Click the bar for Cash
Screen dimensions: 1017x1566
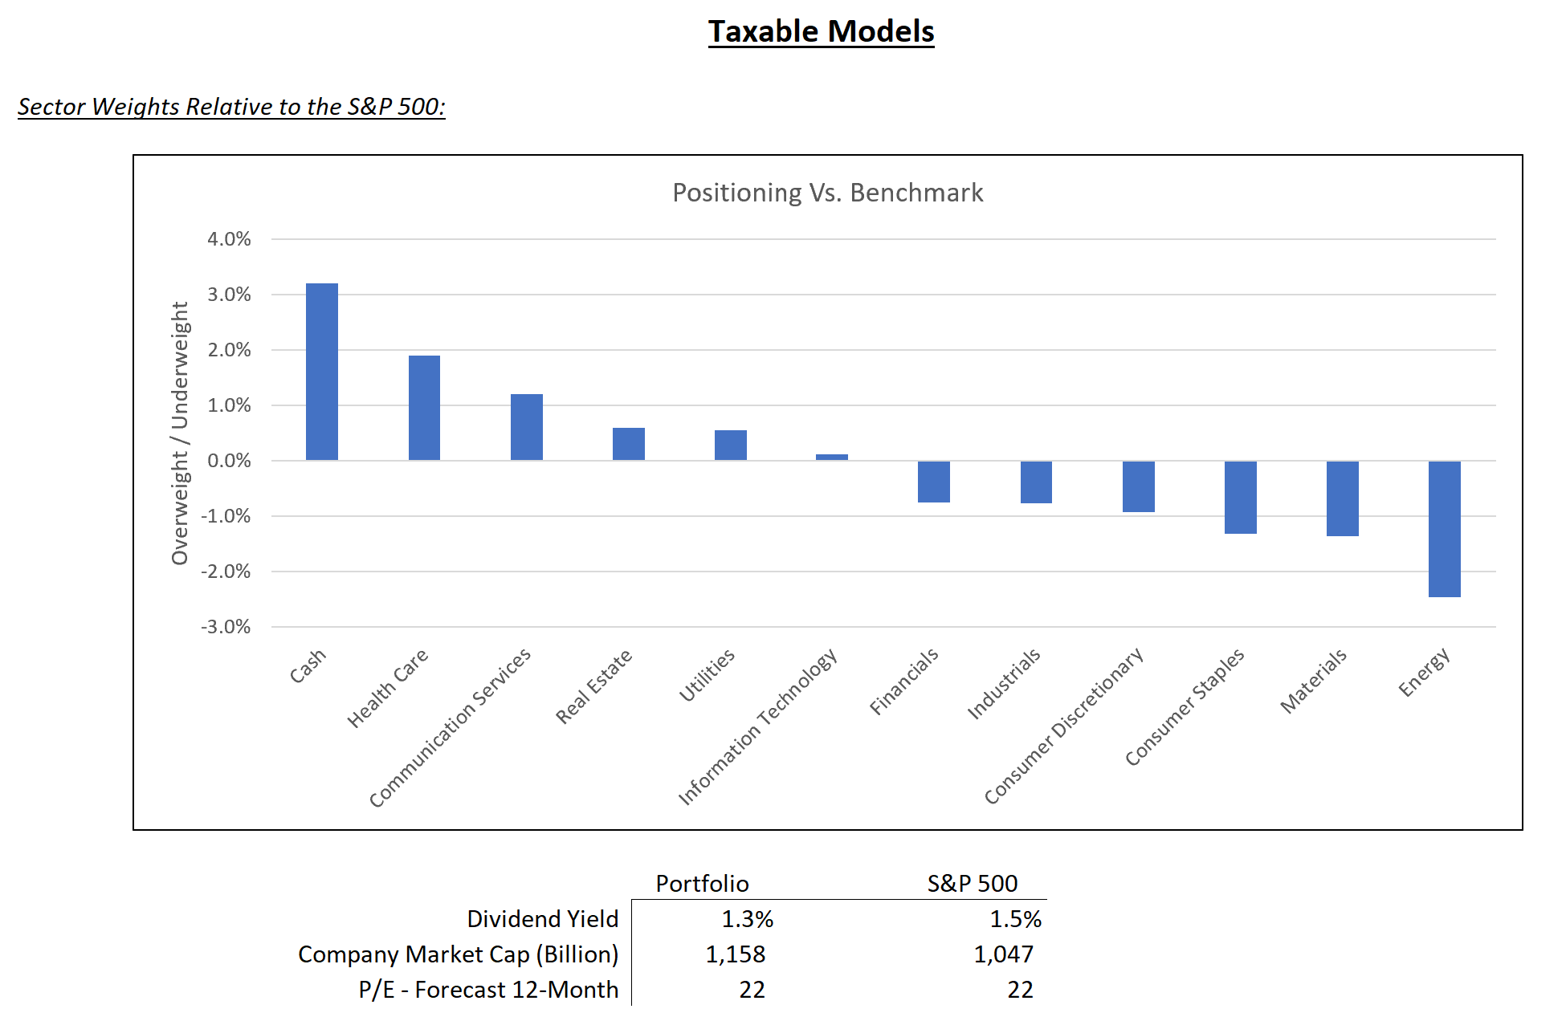(321, 372)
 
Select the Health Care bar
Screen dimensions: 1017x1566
(424, 408)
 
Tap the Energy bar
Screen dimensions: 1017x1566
(1444, 529)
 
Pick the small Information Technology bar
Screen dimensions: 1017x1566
(832, 457)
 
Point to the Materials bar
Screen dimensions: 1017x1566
(1342, 498)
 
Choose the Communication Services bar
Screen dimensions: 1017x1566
(526, 427)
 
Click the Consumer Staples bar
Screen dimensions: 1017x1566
(1240, 497)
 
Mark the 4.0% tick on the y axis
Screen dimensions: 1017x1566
(229, 239)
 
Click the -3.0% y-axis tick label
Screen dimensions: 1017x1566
(226, 627)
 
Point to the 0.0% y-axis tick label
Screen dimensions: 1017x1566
(229, 461)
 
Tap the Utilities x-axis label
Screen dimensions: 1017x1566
(707, 675)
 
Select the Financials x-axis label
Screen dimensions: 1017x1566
(904, 681)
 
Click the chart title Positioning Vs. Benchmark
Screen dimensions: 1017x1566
(827, 193)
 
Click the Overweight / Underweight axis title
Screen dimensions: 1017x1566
(180, 433)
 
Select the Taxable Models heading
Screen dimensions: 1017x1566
(821, 31)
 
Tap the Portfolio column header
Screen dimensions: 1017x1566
(702, 884)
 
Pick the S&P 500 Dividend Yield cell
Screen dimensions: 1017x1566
(1015, 919)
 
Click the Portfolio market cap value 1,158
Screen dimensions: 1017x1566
(735, 954)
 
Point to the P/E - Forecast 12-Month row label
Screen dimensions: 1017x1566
(488, 990)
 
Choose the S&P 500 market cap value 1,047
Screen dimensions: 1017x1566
(1003, 954)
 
